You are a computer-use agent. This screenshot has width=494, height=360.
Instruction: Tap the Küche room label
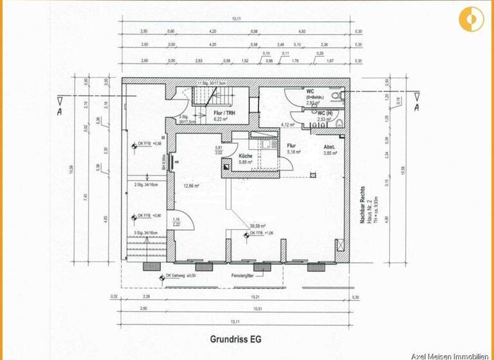[246, 156]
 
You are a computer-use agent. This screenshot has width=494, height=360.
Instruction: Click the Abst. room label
[329, 147]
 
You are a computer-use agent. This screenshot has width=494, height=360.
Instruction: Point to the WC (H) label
[326, 113]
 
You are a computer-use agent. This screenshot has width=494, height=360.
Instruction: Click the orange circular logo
[472, 19]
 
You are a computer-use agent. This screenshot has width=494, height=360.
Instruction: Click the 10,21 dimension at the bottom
[255, 297]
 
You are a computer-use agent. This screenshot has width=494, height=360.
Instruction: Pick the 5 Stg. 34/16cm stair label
[147, 233]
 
